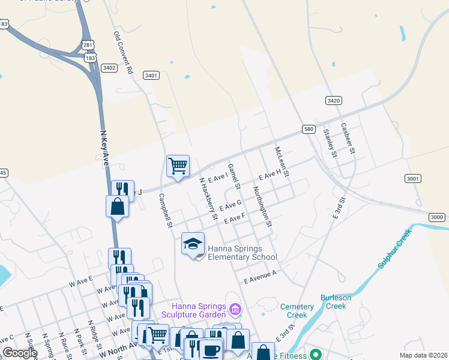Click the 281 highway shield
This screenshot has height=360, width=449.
click(x=88, y=45)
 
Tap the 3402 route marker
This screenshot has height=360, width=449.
click(x=109, y=68)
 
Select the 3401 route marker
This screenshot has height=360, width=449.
click(x=151, y=75)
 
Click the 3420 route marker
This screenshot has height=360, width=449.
click(x=334, y=100)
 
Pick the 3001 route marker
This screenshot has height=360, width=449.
click(x=413, y=178)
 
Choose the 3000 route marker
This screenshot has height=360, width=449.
click(x=438, y=217)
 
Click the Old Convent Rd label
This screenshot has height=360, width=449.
click(x=123, y=53)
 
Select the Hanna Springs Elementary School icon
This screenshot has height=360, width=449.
click(x=193, y=244)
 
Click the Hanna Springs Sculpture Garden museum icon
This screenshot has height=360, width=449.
click(x=235, y=310)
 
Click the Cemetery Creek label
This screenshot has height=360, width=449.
click(x=297, y=311)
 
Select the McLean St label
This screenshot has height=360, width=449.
click(x=282, y=162)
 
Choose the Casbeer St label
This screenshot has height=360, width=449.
click(x=348, y=139)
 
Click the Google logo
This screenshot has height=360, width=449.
click(x=20, y=353)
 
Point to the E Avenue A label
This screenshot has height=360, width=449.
click(x=260, y=276)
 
